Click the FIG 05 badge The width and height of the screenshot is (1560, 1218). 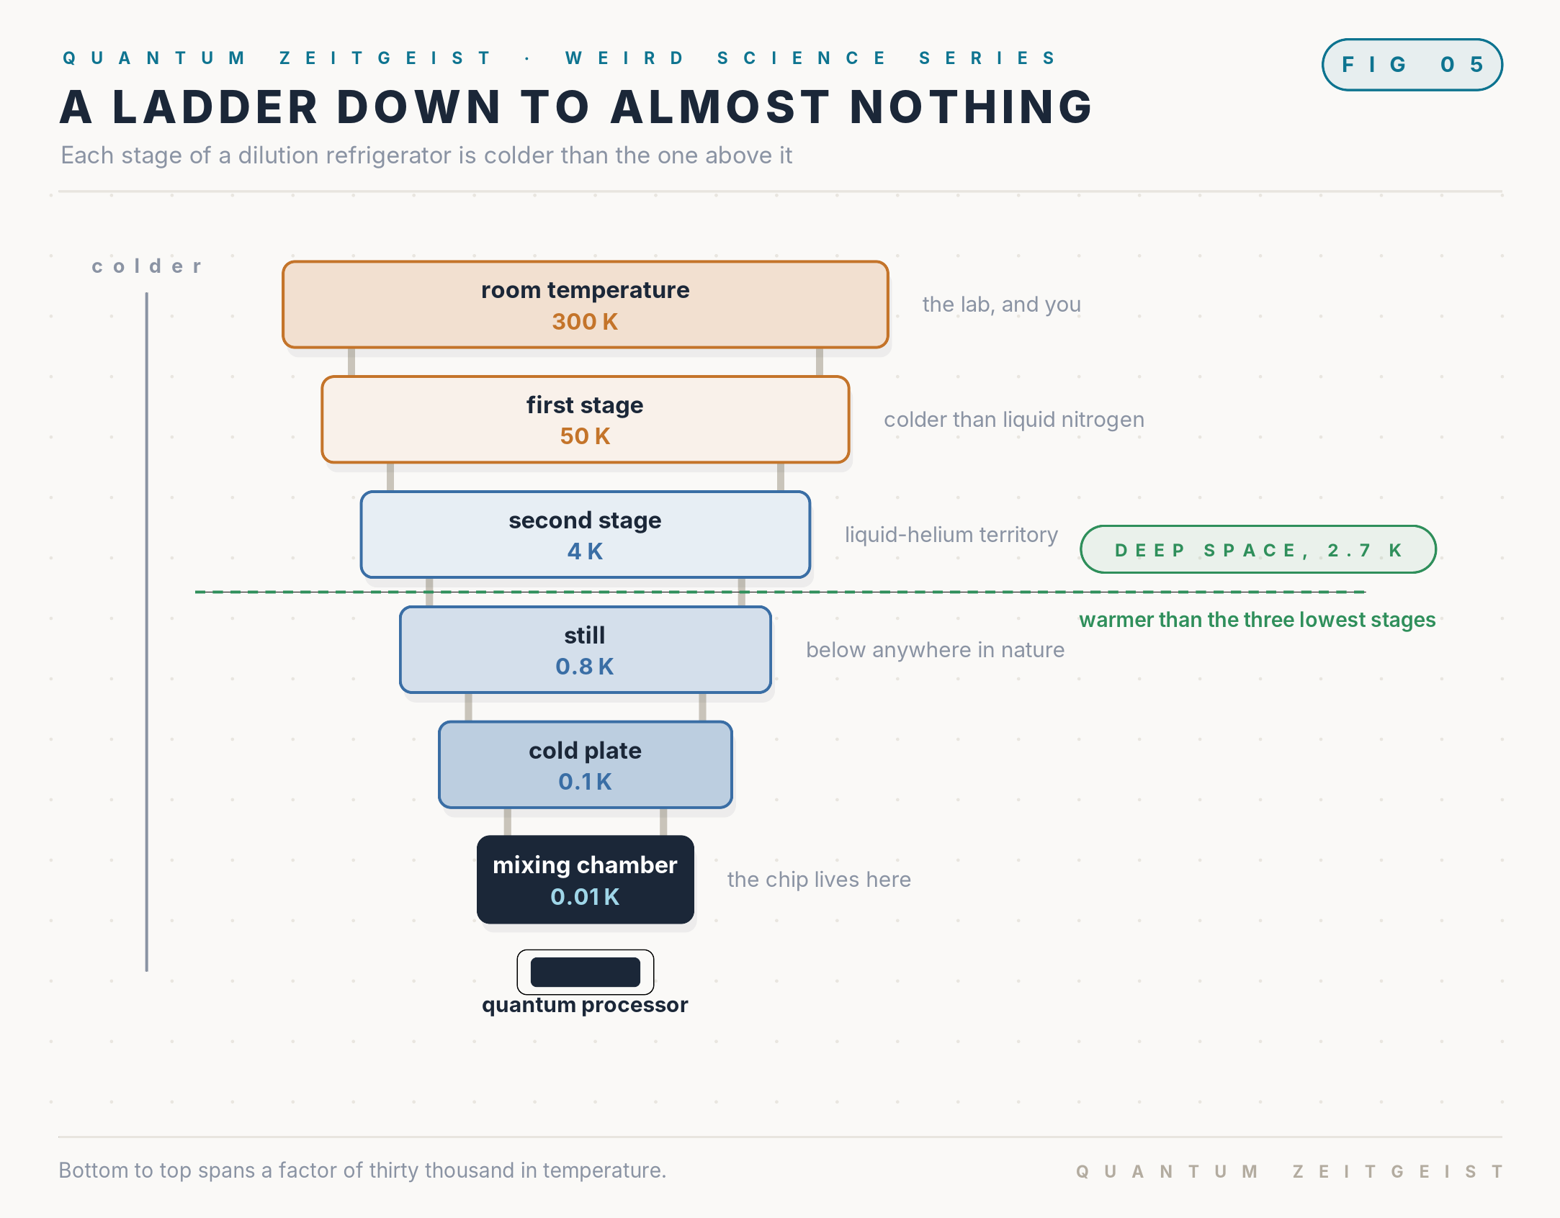(x=1412, y=65)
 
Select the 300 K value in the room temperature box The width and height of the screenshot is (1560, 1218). (x=585, y=322)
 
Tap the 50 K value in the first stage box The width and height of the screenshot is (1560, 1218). (x=585, y=436)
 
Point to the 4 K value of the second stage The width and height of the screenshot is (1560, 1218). (x=585, y=551)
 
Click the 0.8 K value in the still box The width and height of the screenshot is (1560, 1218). (x=585, y=667)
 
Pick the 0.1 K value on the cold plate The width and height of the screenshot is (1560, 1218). (x=585, y=782)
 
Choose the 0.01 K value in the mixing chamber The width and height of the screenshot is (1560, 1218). (x=585, y=897)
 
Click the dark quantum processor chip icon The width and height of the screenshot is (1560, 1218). (x=586, y=972)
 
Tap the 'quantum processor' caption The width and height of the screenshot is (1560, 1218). (x=585, y=1005)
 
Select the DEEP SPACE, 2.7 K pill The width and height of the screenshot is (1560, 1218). (x=1258, y=549)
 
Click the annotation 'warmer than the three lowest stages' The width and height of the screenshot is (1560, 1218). (x=1258, y=620)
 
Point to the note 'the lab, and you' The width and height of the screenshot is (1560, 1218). (x=1002, y=304)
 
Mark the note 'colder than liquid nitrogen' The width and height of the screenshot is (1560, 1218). (x=1014, y=420)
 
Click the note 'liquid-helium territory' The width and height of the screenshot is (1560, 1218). (x=951, y=535)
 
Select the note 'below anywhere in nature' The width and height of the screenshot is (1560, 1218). (x=935, y=650)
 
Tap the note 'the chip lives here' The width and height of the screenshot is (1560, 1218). (x=819, y=880)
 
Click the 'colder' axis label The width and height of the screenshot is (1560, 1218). (x=147, y=266)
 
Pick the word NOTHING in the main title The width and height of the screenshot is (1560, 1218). (x=972, y=107)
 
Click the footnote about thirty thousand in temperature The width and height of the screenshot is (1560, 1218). (x=362, y=1170)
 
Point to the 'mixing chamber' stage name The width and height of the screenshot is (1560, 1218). (x=585, y=865)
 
